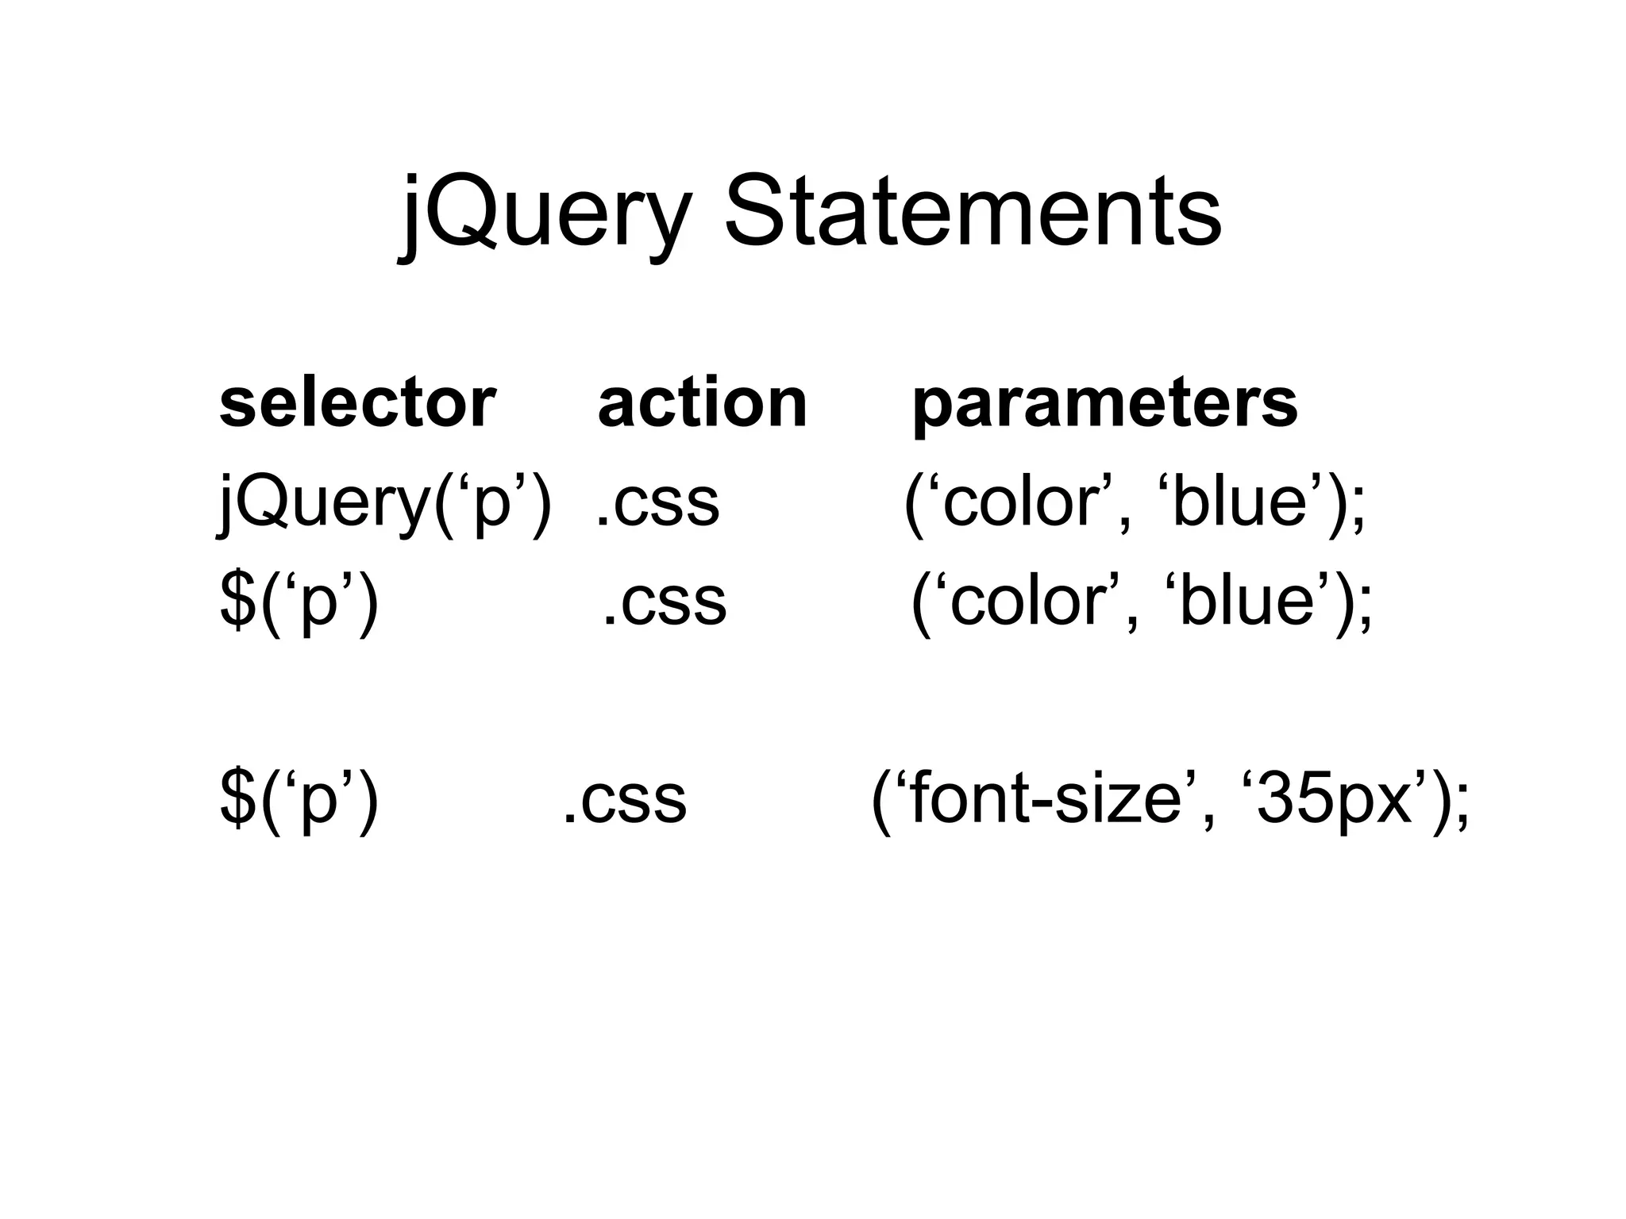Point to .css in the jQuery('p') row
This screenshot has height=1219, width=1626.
click(x=657, y=503)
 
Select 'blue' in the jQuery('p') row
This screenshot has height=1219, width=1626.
click(x=1239, y=502)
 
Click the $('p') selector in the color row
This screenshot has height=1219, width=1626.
click(x=299, y=601)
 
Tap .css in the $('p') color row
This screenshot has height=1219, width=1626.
click(x=665, y=602)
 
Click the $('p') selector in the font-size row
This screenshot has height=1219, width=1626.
click(x=299, y=799)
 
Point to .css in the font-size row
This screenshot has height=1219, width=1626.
click(x=624, y=800)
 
